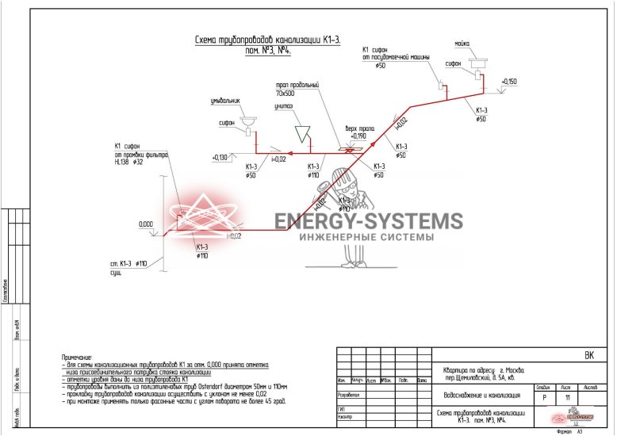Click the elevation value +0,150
click(x=508, y=82)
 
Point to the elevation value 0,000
click(x=146, y=224)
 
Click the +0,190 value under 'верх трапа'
click(x=358, y=136)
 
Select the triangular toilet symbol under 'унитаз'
click(x=303, y=130)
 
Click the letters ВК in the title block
click(x=588, y=356)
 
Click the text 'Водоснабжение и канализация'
click(x=481, y=394)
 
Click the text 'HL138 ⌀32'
click(x=130, y=162)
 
